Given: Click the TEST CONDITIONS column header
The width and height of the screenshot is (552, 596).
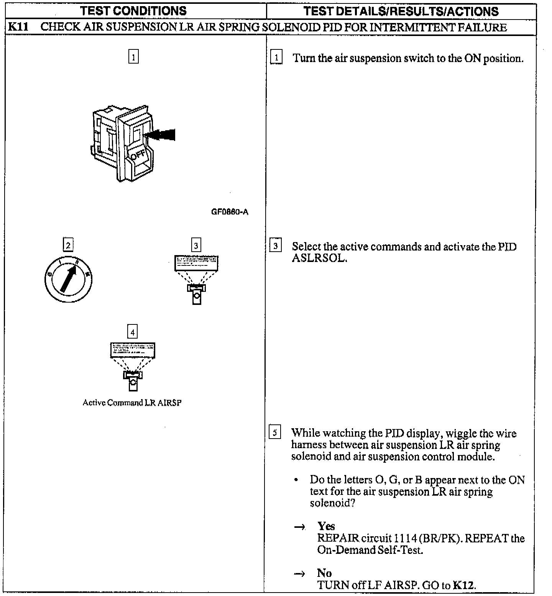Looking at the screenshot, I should coord(133,11).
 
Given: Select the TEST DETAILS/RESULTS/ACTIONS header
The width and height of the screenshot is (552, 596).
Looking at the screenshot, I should coord(401,11).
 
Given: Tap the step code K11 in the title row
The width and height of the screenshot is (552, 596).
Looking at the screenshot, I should coord(18,27).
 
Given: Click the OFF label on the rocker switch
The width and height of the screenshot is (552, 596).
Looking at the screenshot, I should coord(138,155).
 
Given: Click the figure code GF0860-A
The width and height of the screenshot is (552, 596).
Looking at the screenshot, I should coord(230,212).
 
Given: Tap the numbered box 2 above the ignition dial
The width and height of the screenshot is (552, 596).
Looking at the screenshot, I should coord(68,245).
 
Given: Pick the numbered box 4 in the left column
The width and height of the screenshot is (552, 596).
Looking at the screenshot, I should coord(133,332).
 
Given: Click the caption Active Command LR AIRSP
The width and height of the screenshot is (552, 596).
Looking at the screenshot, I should coord(132,403).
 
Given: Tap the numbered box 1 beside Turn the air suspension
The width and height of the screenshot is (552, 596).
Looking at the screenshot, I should coord(276,57).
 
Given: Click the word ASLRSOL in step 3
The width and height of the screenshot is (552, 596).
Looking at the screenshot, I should coord(319,258).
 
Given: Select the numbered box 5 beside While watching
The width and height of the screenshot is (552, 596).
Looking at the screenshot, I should coord(275,432).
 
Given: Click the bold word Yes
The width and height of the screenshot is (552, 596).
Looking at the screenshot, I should coord(326,526).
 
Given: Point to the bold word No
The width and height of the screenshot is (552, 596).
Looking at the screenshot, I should coord(324,573).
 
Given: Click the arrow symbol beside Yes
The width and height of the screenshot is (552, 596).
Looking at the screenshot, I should coord(299,527).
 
